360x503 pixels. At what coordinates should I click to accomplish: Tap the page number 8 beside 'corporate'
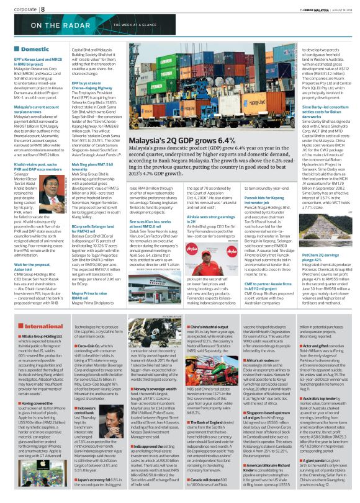click(45, 9)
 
